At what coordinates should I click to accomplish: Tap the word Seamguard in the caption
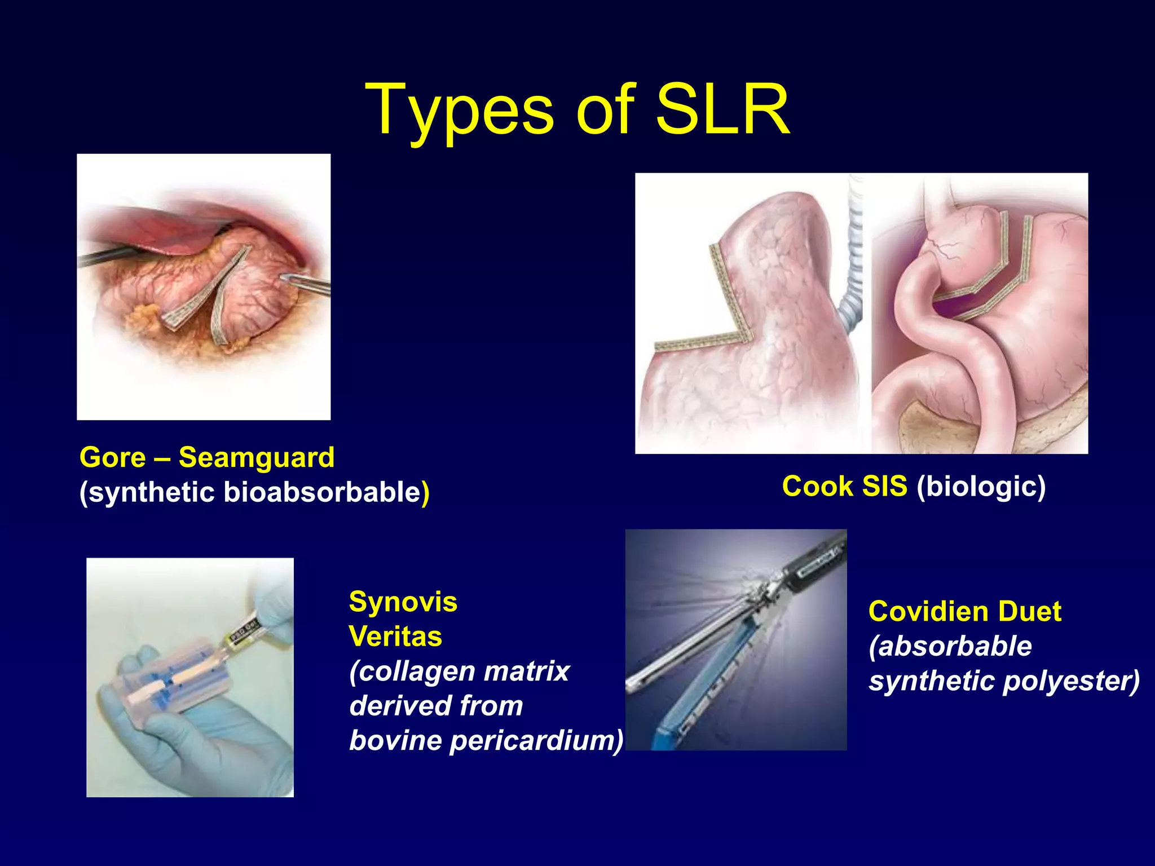[x=257, y=457]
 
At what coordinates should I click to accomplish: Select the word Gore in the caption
[x=113, y=457]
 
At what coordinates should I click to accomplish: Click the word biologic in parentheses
[x=981, y=486]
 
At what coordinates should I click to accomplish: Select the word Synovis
[x=403, y=602]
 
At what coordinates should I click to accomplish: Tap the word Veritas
[x=395, y=637]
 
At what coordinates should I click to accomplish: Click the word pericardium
[x=536, y=740]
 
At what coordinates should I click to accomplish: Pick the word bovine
[x=395, y=740]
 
